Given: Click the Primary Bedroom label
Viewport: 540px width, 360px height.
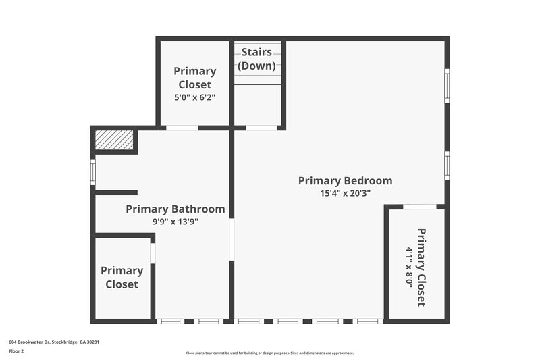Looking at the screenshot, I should tap(345, 180).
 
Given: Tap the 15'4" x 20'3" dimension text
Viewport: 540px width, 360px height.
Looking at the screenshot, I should tap(345, 193).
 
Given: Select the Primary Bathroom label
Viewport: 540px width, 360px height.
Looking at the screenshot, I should tap(175, 209).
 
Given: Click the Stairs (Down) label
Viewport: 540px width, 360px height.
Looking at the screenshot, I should tap(256, 59).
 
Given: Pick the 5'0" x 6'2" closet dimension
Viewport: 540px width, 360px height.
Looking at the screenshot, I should tap(194, 97).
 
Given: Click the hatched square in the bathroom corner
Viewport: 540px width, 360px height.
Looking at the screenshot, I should tap(114, 140).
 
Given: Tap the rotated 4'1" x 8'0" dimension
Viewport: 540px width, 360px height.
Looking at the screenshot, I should tap(409, 267).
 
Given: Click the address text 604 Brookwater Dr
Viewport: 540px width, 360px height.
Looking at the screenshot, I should tap(54, 342).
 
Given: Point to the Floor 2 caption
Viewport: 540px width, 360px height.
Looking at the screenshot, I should tap(16, 351).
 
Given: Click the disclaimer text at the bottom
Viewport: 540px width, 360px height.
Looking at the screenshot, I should tap(269, 353).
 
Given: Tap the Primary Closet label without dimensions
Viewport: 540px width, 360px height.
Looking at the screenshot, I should tap(122, 277).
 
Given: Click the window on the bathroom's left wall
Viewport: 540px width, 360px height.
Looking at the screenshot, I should tap(93, 172).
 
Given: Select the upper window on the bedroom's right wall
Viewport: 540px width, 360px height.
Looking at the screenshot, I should tap(447, 85).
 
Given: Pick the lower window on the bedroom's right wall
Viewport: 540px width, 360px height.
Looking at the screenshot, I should tap(447, 165).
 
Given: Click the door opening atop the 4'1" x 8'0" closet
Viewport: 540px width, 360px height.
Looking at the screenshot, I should tap(419, 207).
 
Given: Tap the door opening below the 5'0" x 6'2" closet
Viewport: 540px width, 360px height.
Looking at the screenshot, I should tap(182, 128).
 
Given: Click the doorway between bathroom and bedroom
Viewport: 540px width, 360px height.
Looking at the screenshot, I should tap(232, 239).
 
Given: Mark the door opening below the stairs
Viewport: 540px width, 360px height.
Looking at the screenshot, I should tap(261, 128).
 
